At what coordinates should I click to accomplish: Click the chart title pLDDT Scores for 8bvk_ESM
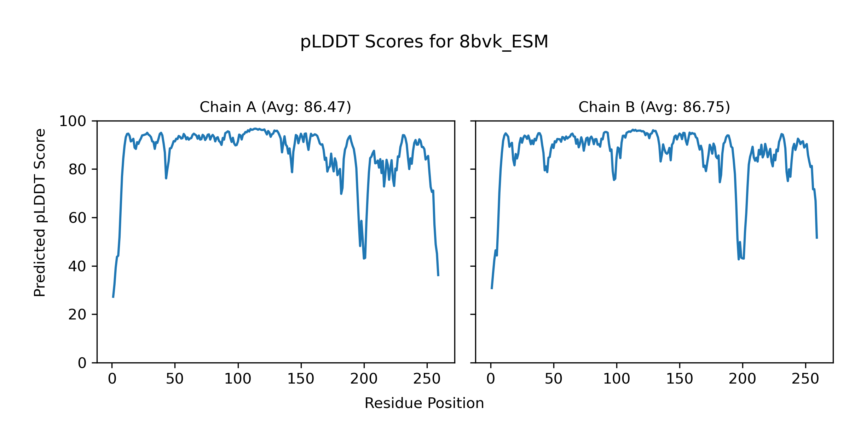[424, 42]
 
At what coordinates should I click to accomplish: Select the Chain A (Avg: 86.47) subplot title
[275, 107]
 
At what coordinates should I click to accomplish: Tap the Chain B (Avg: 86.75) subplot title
[654, 107]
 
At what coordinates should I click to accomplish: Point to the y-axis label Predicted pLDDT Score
[40, 212]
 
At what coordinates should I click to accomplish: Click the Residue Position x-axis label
[424, 403]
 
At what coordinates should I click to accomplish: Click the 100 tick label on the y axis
[73, 121]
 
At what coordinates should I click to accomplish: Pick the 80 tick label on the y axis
[77, 170]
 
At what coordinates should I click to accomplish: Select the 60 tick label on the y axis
[77, 218]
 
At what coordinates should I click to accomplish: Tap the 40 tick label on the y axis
[77, 266]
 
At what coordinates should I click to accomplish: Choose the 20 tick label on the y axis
[77, 315]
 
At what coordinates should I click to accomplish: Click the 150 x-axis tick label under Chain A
[301, 379]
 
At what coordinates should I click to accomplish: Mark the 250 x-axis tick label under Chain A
[427, 379]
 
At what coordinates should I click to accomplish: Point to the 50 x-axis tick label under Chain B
[554, 379]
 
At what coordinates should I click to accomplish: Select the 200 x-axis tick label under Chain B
[743, 379]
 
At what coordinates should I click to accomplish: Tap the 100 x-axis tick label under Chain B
[617, 379]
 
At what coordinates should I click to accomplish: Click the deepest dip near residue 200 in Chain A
[364, 259]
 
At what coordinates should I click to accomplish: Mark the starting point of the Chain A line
[113, 297]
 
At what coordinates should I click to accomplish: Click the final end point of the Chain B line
[817, 238]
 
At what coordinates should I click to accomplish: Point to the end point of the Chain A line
[438, 276]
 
